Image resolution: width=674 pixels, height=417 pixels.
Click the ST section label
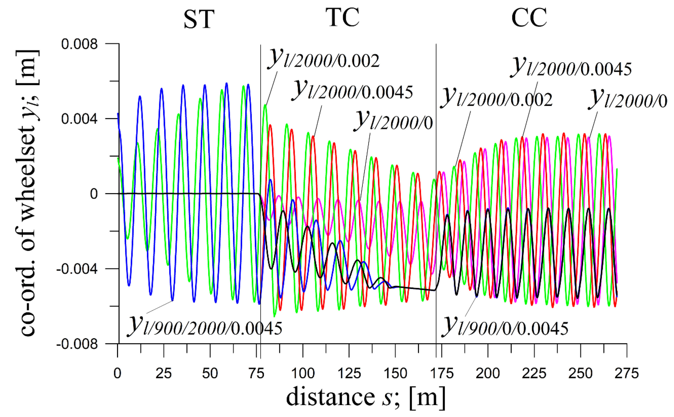click(x=199, y=19)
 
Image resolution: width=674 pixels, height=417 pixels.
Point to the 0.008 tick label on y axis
click(x=79, y=44)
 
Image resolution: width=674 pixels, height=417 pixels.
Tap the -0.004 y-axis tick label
click(x=77, y=269)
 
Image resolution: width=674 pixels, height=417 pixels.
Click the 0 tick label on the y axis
click(x=94, y=194)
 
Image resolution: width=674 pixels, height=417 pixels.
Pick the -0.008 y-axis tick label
click(x=77, y=344)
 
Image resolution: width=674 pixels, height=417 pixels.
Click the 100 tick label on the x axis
click(x=303, y=374)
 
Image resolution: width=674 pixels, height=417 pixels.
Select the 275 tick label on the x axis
click(x=627, y=374)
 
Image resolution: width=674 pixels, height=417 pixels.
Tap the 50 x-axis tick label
click(x=210, y=374)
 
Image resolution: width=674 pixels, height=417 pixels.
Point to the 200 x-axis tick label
click(x=488, y=374)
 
